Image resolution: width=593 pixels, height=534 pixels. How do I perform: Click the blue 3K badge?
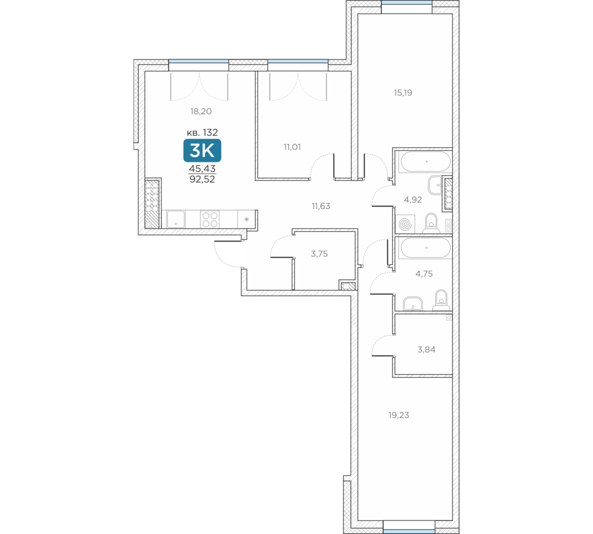tap(202, 150)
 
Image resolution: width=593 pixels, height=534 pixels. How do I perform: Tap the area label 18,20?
tap(201, 112)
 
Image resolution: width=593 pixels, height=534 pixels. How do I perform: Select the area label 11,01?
tap(292, 147)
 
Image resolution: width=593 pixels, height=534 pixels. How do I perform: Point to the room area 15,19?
tap(403, 93)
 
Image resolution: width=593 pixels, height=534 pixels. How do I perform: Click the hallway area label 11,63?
tap(321, 206)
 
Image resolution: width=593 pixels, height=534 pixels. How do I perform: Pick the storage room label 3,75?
tap(320, 254)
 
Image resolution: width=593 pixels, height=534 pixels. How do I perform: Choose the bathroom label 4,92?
tap(413, 200)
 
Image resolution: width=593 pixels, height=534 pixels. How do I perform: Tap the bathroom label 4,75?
tap(425, 274)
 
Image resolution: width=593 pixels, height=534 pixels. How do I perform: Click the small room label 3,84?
tap(426, 349)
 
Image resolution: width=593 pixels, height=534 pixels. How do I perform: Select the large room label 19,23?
tap(399, 415)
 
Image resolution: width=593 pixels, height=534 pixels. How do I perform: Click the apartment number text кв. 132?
tap(202, 132)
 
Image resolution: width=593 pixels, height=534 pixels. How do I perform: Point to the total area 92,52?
tap(202, 179)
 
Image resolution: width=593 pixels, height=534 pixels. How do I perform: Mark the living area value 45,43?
tap(202, 169)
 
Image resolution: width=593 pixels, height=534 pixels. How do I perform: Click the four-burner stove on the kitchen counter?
tap(210, 220)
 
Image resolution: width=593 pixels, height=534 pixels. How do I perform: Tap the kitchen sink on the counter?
tap(176, 220)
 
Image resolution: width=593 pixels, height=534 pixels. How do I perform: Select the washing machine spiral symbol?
tap(405, 224)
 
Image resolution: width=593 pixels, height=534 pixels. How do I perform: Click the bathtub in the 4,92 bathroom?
tap(426, 161)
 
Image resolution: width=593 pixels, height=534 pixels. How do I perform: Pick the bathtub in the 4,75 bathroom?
tap(426, 248)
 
